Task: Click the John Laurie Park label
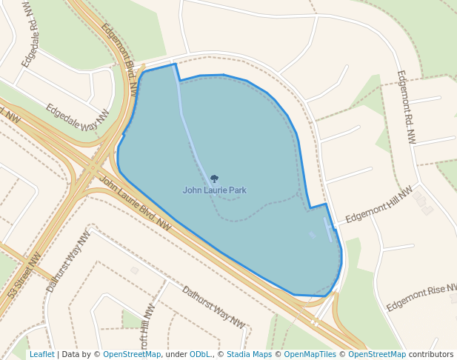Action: pyautogui.click(x=214, y=190)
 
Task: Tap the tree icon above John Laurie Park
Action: pyautogui.click(x=215, y=179)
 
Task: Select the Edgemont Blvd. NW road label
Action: pyautogui.click(x=121, y=60)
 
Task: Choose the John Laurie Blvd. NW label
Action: pyautogui.click(x=135, y=203)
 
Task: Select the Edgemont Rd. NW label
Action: pyautogui.click(x=407, y=107)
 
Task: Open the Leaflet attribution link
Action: pyautogui.click(x=41, y=355)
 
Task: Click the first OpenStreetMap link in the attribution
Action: pyautogui.click(x=132, y=355)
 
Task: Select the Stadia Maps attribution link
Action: pyautogui.click(x=249, y=355)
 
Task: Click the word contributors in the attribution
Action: pyautogui.click(x=430, y=355)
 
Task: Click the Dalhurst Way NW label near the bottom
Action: pyautogui.click(x=213, y=306)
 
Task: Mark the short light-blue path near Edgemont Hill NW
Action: pyautogui.click(x=327, y=228)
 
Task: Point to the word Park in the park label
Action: pyautogui.click(x=237, y=190)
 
